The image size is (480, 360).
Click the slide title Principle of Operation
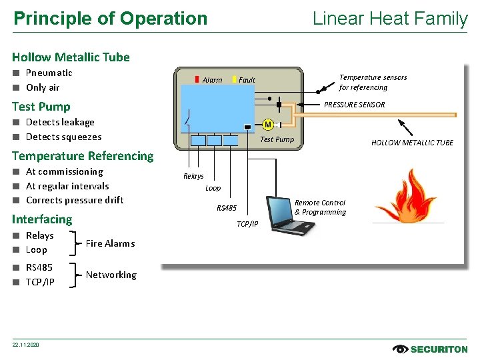[111, 19]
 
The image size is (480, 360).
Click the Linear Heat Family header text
[390, 19]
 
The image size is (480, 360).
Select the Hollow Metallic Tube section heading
[71, 57]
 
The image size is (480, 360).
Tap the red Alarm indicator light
[197, 79]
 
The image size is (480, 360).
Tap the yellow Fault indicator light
[235, 79]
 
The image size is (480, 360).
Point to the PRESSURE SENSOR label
[354, 105]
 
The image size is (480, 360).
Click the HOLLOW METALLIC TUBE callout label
[411, 143]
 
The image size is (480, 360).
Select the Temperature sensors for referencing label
[372, 82]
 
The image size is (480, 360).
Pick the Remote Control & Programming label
[320, 207]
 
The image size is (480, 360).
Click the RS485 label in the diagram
[227, 208]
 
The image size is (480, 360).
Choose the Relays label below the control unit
[193, 176]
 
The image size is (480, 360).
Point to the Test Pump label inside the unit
[277, 139]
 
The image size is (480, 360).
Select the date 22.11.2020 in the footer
[26, 345]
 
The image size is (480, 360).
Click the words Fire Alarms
[110, 243]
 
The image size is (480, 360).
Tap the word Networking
[111, 275]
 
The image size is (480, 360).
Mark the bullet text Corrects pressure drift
[75, 200]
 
